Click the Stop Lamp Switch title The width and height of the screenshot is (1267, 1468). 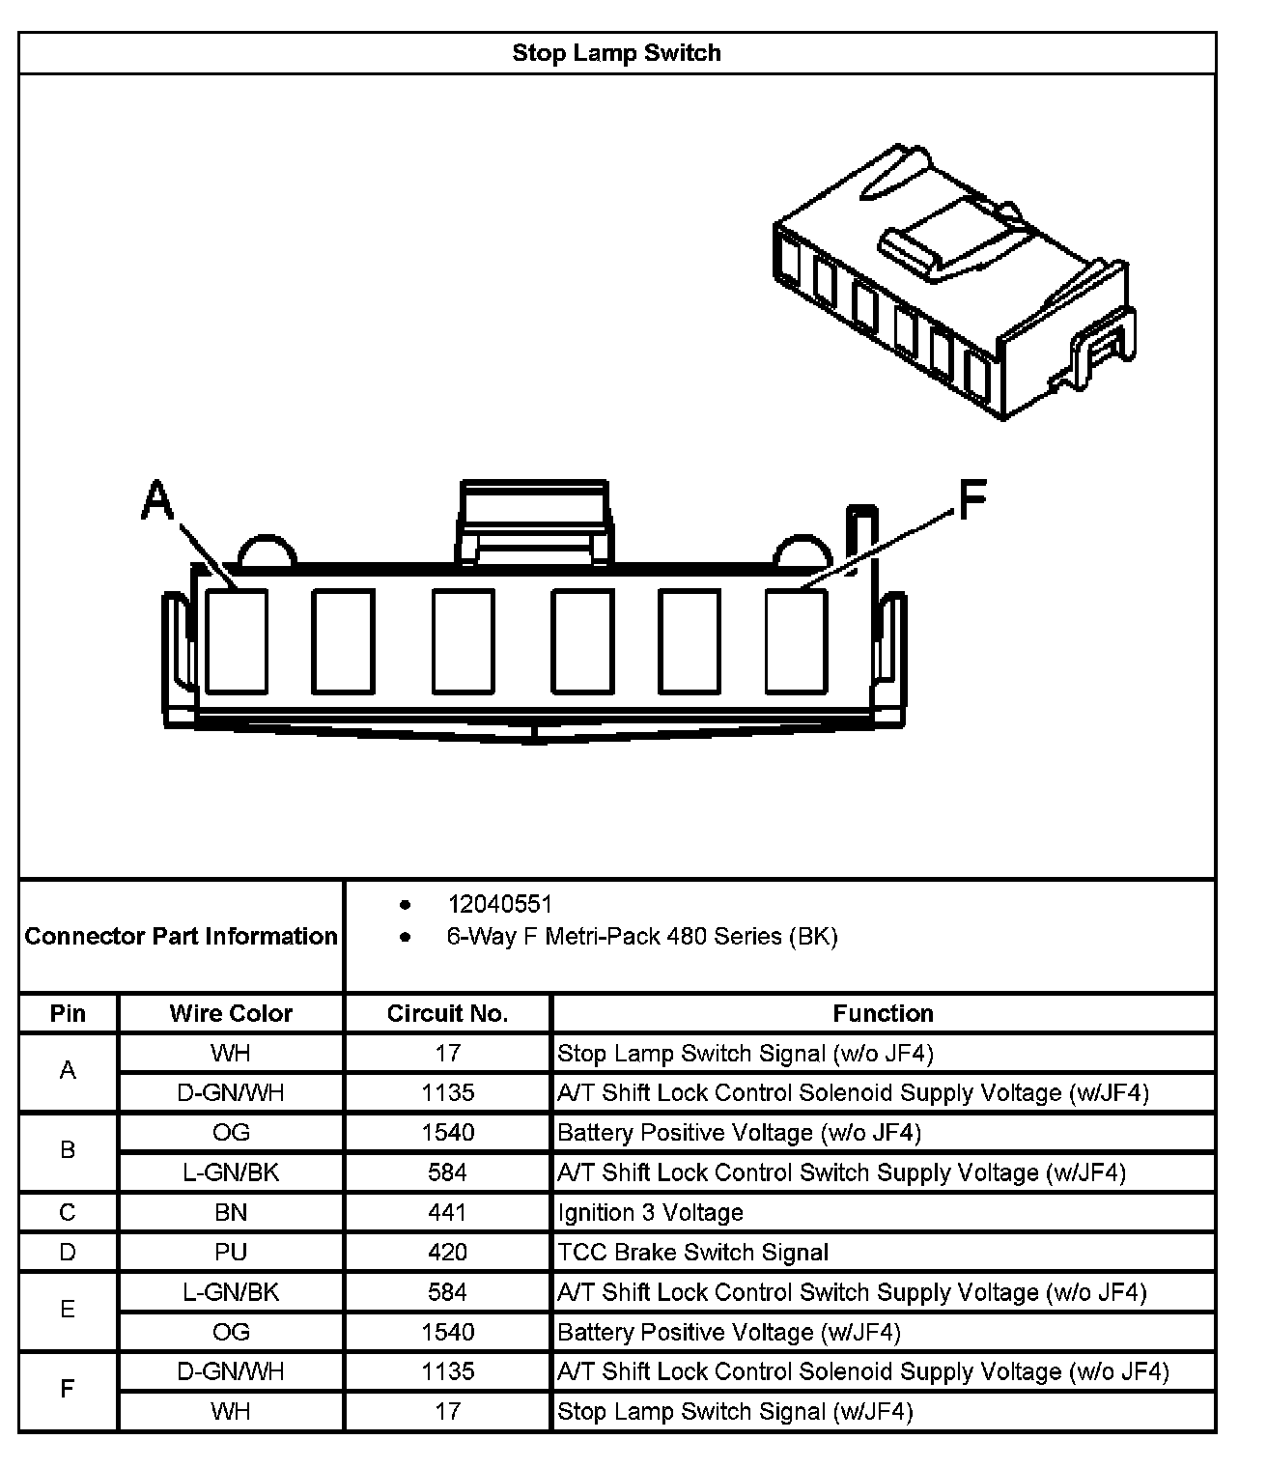(616, 53)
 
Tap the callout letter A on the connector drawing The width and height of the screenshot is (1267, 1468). (157, 501)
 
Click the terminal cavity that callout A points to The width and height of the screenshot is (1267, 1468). (237, 641)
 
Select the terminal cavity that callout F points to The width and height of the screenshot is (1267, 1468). (796, 641)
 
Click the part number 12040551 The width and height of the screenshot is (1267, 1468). (499, 904)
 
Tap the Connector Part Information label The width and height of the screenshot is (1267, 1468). (182, 936)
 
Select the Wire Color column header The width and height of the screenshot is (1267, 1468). (231, 1013)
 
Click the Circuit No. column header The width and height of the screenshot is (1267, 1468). (447, 1013)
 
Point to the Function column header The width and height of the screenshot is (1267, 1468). (883, 1013)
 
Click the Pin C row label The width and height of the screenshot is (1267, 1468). (68, 1212)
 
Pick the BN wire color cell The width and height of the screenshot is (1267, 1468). (231, 1212)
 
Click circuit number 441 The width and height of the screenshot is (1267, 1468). (447, 1212)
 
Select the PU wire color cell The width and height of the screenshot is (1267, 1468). (231, 1253)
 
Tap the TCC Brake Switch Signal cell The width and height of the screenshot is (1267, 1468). (693, 1253)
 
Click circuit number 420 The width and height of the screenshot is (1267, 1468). (447, 1253)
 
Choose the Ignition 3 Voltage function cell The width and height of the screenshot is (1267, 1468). (651, 1212)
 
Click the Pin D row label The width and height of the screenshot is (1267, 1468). (68, 1253)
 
